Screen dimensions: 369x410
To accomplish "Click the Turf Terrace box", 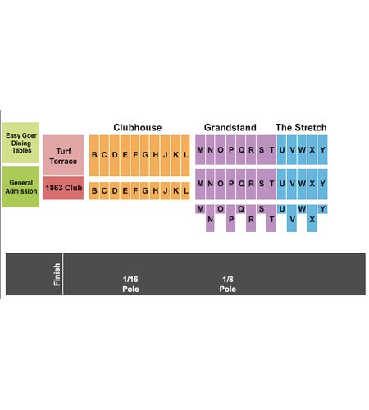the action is coord(63,155).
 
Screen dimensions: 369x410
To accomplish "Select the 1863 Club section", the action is coord(63,188).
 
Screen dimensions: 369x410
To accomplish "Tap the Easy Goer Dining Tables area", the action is coord(20,143).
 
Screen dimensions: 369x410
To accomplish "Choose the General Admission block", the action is coord(20,187).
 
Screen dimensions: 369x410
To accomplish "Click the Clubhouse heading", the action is coord(138,128).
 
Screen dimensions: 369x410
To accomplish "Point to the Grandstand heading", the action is coord(230,128).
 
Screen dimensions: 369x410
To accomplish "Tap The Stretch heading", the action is coord(301,128).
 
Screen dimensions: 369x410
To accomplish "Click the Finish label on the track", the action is coord(57,275).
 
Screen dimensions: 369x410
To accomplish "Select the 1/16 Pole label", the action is coord(130,285).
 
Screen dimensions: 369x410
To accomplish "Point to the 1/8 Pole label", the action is coord(228,285).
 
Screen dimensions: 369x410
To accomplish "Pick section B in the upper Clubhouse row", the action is coord(94,156).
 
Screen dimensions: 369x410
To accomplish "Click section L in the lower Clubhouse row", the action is coord(185,191).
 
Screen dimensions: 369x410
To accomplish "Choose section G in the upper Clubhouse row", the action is coord(145,156).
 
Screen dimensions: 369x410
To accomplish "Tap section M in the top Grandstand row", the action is coord(200,150).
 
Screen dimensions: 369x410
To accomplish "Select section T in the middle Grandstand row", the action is coord(271,184).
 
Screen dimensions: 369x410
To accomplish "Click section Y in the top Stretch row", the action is coord(323,150).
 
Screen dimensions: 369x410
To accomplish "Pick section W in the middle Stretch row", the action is coord(302,184).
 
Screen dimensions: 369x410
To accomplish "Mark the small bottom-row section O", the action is coord(221,209).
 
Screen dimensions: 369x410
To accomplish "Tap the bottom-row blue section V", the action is coord(292,218).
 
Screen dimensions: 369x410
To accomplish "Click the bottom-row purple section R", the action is coord(251,218).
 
